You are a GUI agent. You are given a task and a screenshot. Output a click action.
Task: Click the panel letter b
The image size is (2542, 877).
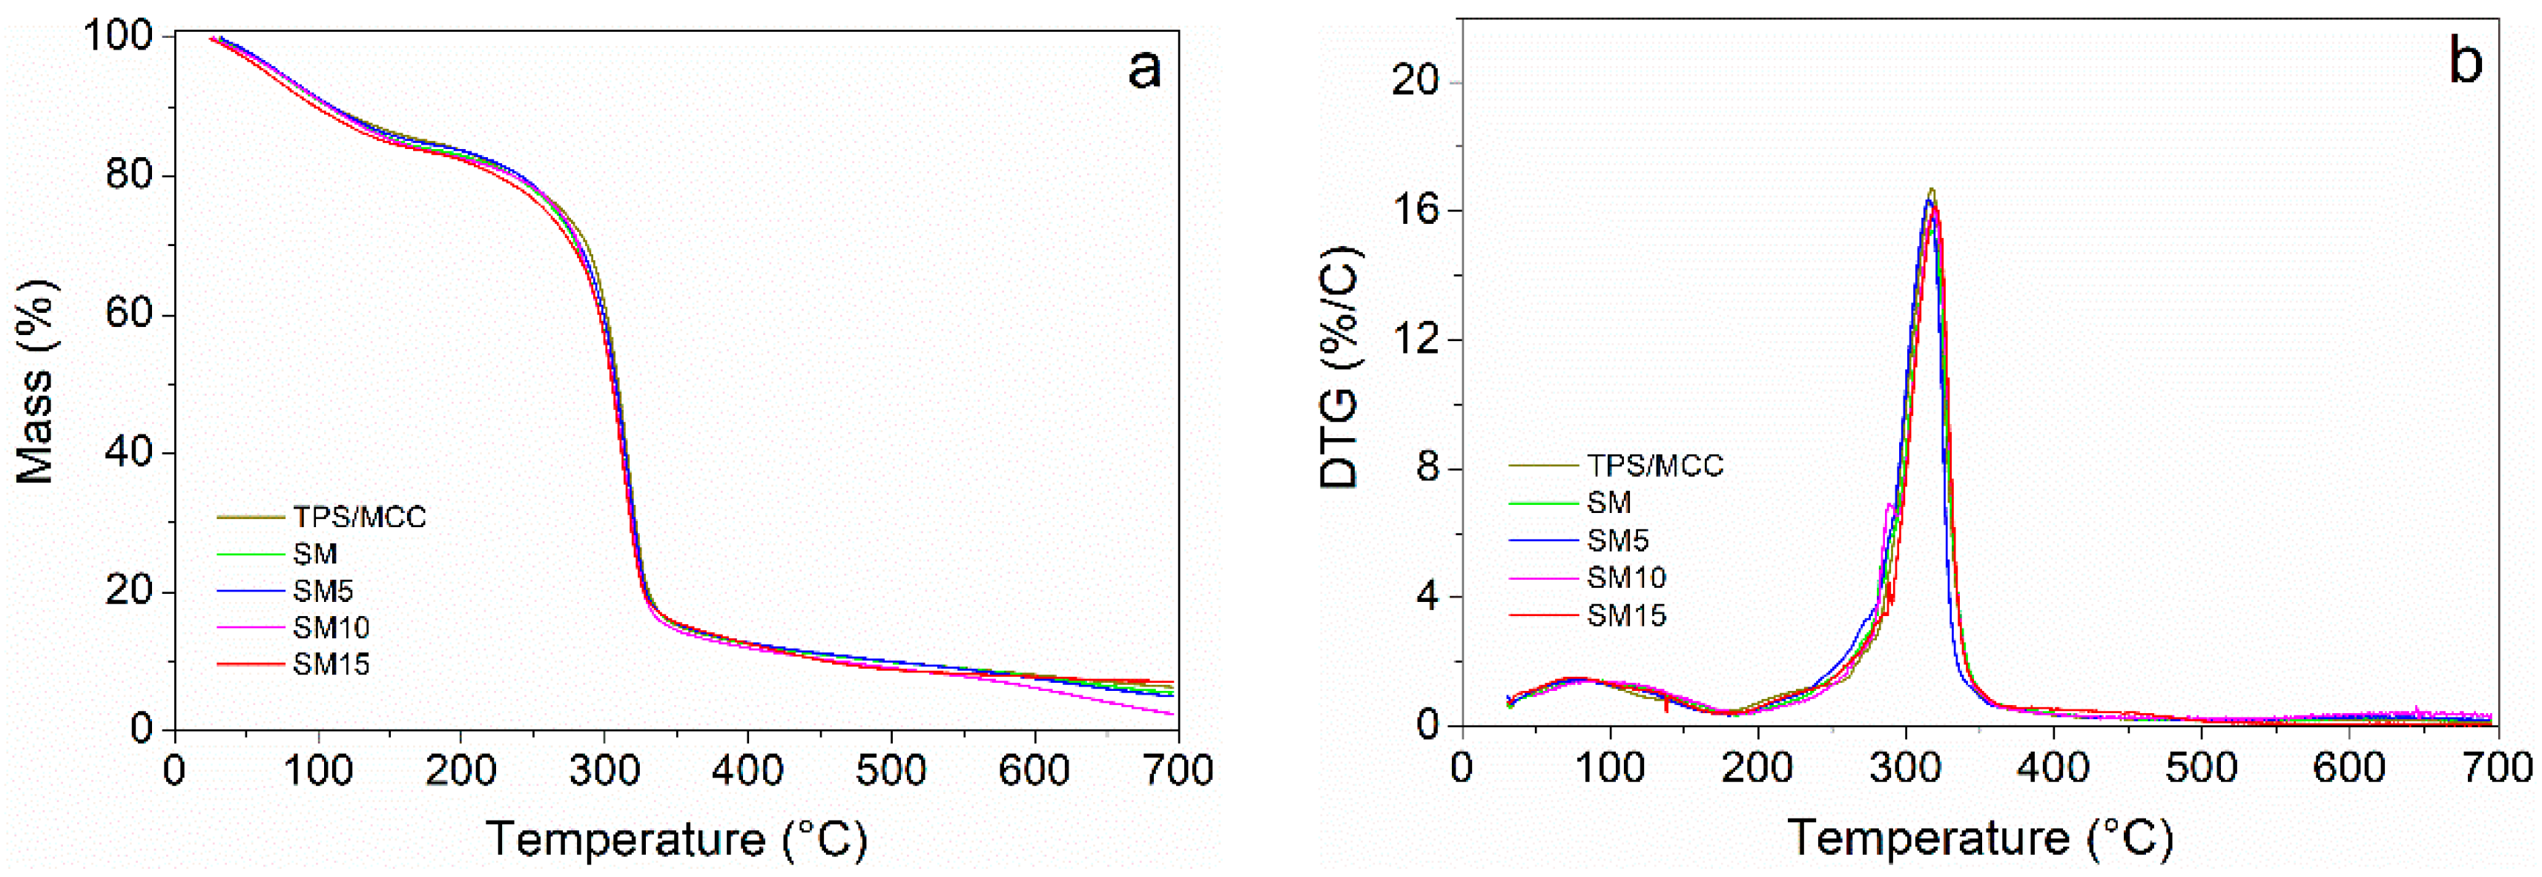[x=2465, y=62]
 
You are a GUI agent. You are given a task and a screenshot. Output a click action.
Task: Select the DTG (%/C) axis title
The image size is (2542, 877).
[x=1339, y=367]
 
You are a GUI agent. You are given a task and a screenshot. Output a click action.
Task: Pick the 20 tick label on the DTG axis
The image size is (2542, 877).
[x=1415, y=81]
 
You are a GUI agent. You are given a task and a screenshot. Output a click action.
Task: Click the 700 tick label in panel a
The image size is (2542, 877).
[x=1179, y=770]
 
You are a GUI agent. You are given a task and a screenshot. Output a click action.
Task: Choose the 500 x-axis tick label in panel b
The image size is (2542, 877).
[x=2202, y=767]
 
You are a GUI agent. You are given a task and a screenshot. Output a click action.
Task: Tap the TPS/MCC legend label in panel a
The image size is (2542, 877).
[x=359, y=517]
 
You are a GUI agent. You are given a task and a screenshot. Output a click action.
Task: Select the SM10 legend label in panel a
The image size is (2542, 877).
[x=331, y=627]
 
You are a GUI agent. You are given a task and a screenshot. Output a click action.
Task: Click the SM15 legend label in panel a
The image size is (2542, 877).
[x=331, y=665]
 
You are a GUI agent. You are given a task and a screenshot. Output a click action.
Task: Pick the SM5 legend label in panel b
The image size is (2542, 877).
[x=1617, y=540]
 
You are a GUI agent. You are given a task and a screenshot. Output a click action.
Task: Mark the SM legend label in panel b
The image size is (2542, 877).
[x=1608, y=503]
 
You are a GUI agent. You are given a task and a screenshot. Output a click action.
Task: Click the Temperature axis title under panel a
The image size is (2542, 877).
[x=676, y=839]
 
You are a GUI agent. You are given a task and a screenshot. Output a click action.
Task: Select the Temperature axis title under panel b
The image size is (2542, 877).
[x=1978, y=838]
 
